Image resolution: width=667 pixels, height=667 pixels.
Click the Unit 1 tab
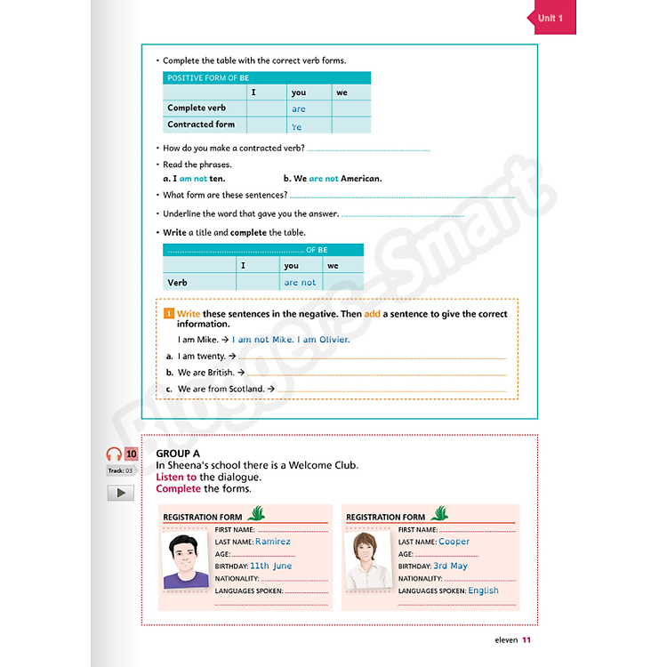pos(552,18)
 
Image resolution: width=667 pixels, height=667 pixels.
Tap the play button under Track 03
pos(120,493)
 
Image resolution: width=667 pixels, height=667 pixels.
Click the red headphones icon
pos(113,454)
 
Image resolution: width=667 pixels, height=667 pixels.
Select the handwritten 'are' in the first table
pos(299,109)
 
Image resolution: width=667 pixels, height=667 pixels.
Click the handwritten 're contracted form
pos(297,127)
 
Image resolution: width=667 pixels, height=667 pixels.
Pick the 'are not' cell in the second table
pos(300,283)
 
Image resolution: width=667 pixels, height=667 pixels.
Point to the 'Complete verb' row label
pos(197,108)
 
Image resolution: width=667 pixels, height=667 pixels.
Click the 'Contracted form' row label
pos(201,125)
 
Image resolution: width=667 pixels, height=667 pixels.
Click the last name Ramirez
pos(272,542)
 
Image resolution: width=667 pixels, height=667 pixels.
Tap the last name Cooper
pos(454,542)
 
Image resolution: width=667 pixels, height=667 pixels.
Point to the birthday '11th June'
pos(270,566)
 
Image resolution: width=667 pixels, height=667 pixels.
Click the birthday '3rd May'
pos(450,566)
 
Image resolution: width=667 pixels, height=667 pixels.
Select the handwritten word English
pos(483,591)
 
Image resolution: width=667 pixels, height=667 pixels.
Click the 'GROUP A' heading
pos(178,454)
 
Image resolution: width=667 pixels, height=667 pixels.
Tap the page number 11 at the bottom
pos(526,639)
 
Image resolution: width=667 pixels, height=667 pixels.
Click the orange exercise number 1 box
pos(168,314)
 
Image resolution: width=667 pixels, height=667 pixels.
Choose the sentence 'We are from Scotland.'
pos(221,389)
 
